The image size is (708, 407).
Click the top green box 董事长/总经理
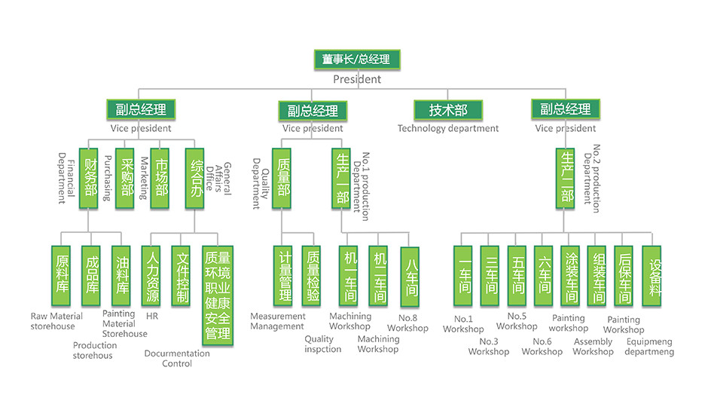pyautogui.click(x=356, y=60)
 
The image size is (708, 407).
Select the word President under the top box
pyautogui.click(x=357, y=79)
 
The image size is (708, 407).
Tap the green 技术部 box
pyautogui.click(x=448, y=110)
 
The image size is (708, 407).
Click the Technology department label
pyautogui.click(x=448, y=129)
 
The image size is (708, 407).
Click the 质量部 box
pyautogui.click(x=282, y=178)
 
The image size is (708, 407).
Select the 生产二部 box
pyautogui.click(x=566, y=178)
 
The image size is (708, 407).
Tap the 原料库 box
pyautogui.click(x=62, y=276)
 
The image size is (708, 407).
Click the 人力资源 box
pyautogui.click(x=151, y=276)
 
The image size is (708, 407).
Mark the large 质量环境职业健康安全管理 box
pyautogui.click(x=218, y=294)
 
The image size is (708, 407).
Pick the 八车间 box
pyautogui.click(x=410, y=277)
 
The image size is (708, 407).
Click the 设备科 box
pyautogui.click(x=655, y=275)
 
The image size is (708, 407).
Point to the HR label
pyautogui.click(x=152, y=317)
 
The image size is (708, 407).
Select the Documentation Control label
pyautogui.click(x=177, y=359)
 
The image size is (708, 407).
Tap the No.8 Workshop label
pyautogui.click(x=407, y=323)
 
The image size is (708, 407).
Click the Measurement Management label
pyautogui.click(x=278, y=322)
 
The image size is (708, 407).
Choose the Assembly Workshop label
pyautogui.click(x=593, y=347)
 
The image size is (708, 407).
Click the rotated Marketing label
pyautogui.click(x=143, y=179)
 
